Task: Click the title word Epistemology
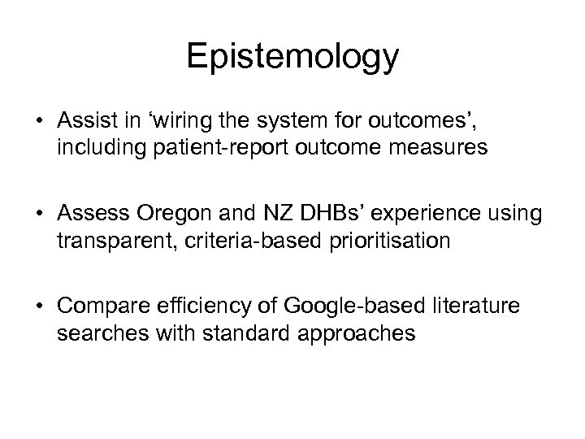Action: [x=292, y=57]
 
